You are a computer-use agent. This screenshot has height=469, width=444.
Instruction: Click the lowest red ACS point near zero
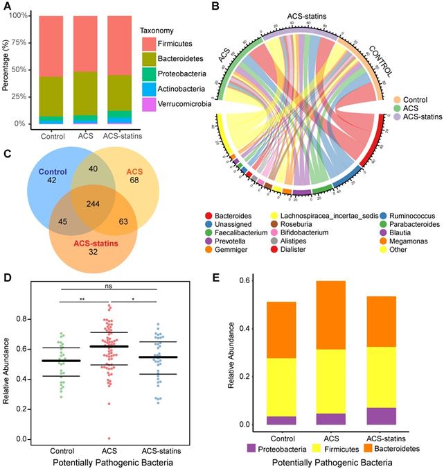click(x=107, y=438)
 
